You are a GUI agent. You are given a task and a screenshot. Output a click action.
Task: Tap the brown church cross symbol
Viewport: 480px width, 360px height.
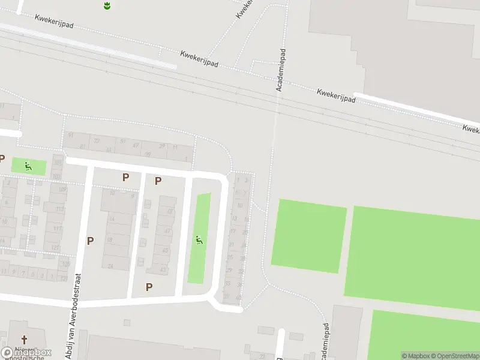pyautogui.click(x=25, y=340)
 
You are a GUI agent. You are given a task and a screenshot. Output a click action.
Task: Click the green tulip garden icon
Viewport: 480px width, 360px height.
pyautogui.click(x=106, y=6)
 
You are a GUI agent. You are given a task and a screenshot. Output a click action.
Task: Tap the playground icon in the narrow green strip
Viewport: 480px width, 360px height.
pyautogui.click(x=199, y=241)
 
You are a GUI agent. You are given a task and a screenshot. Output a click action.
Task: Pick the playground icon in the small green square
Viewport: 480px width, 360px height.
pyautogui.click(x=28, y=166)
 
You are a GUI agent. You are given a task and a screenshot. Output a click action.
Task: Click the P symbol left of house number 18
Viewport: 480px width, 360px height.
pyautogui.click(x=90, y=241)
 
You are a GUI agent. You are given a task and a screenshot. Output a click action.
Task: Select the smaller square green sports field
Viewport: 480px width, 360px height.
pyautogui.click(x=308, y=235)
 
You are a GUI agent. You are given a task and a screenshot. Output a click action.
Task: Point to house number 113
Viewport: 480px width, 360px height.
pyautogui.click(x=58, y=209)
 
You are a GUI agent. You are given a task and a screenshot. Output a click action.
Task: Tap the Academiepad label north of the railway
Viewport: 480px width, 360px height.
pyautogui.click(x=280, y=70)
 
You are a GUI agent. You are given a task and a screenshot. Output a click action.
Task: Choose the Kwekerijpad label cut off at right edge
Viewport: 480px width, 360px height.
pyautogui.click(x=471, y=128)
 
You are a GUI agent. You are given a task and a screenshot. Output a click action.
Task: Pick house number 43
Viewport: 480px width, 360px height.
pyautogui.click(x=163, y=269)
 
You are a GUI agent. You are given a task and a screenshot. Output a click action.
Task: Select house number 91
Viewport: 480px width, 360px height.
pyautogui.click(x=70, y=135)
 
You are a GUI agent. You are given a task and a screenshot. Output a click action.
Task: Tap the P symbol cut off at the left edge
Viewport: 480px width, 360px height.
pyautogui.click(x=2, y=159)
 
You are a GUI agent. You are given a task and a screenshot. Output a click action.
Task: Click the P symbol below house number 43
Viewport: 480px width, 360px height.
pyautogui.click(x=149, y=287)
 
